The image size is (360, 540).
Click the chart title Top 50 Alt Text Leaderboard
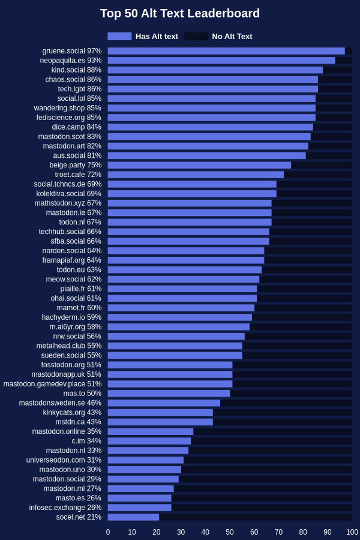pos(180,13)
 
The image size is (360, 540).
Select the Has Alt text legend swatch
pos(119,37)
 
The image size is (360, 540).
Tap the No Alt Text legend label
pos(232,37)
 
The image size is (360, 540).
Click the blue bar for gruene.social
pos(226,51)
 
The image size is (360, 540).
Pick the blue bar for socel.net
pos(133,517)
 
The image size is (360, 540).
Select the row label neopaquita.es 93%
pos(71,61)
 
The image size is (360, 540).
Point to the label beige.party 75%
pos(76,165)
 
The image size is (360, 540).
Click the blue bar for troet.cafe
pos(196,175)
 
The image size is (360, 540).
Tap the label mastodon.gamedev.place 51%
pos(52,383)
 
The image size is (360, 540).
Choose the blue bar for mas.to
pos(169,393)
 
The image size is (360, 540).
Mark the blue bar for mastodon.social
pos(143,479)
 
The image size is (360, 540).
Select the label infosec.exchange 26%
pos(65,508)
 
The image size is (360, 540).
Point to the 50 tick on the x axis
pos(230,532)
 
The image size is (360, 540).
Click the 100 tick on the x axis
pos(352,532)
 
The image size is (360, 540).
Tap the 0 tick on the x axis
pos(108,532)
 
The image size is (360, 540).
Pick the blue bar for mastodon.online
pos(150,431)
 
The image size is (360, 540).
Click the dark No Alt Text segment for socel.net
pos(256,517)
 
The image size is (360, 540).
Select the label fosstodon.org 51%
pos(71,365)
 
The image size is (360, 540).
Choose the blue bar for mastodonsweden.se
pos(164,403)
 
